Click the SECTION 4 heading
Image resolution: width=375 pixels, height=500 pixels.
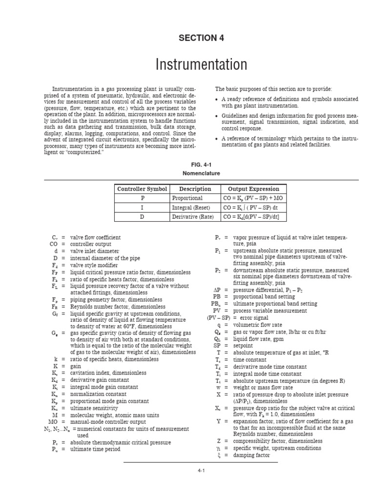(187, 38)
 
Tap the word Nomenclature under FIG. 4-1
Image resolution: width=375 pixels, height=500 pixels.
(187, 173)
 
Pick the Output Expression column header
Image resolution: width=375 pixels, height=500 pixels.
(250, 189)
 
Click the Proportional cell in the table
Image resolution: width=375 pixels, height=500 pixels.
(187, 198)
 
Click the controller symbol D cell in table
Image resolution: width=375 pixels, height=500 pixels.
(142, 217)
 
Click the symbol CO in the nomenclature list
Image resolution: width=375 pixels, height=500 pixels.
(54, 244)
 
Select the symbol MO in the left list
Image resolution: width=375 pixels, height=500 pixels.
(53, 421)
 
